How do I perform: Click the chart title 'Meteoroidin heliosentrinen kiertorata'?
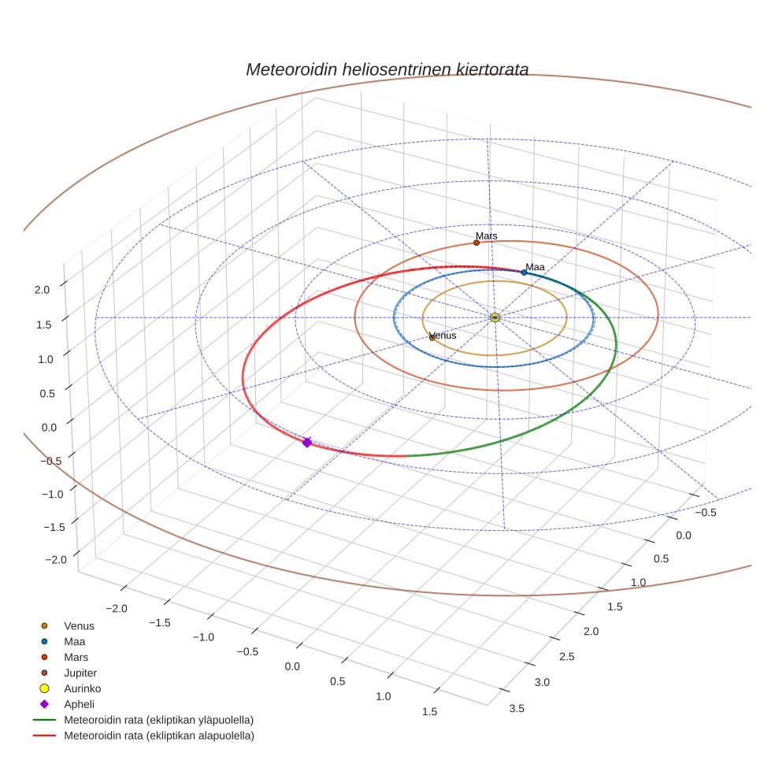click(x=387, y=69)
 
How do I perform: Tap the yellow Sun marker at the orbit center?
click(x=495, y=317)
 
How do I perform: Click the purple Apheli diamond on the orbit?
click(x=306, y=443)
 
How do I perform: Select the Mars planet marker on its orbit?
click(x=476, y=243)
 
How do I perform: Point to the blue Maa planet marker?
click(x=524, y=273)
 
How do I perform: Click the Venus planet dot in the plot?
click(x=432, y=338)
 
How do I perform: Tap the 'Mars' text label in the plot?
click(x=487, y=235)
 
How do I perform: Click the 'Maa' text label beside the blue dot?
click(x=536, y=267)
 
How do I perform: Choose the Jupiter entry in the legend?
click(x=80, y=673)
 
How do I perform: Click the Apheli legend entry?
click(x=79, y=704)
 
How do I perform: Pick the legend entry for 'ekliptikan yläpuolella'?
click(x=158, y=720)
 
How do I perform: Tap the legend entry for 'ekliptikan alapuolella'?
click(x=158, y=736)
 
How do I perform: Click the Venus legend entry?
click(x=79, y=626)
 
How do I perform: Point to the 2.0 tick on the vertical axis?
click(x=42, y=289)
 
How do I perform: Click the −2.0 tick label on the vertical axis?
click(x=56, y=558)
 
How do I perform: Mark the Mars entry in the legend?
click(x=76, y=657)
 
